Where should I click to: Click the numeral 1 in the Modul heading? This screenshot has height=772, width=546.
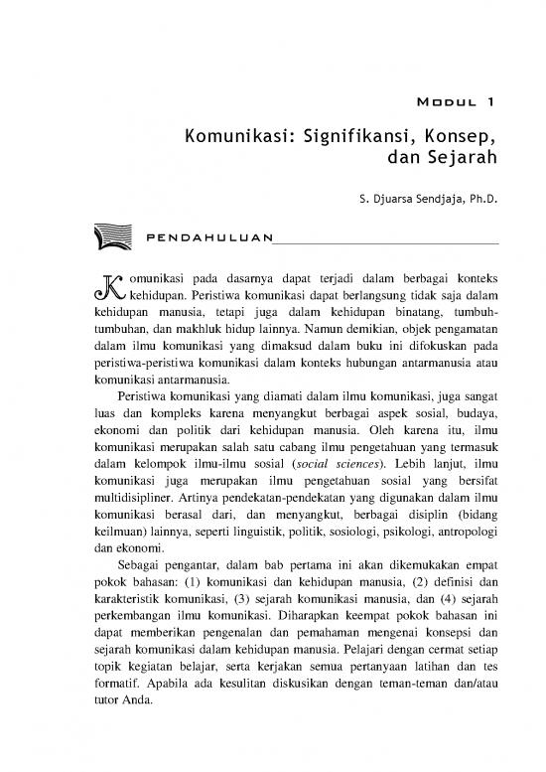coord(491,101)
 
